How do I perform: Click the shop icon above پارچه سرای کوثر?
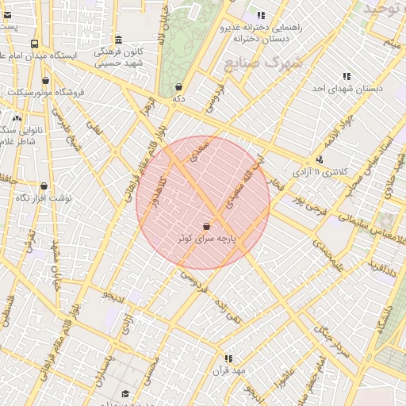click(207, 226)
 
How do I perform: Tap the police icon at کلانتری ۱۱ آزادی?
click(319, 159)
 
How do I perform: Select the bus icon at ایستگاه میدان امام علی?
click(34, 44)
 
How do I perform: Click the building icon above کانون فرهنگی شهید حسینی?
click(118, 40)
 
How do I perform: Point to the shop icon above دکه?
click(178, 87)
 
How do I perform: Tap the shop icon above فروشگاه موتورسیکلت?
click(46, 80)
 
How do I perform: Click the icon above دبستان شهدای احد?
click(347, 77)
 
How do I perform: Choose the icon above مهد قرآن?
click(228, 358)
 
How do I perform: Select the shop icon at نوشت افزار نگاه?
click(44, 186)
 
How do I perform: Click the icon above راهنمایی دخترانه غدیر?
click(261, 15)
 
